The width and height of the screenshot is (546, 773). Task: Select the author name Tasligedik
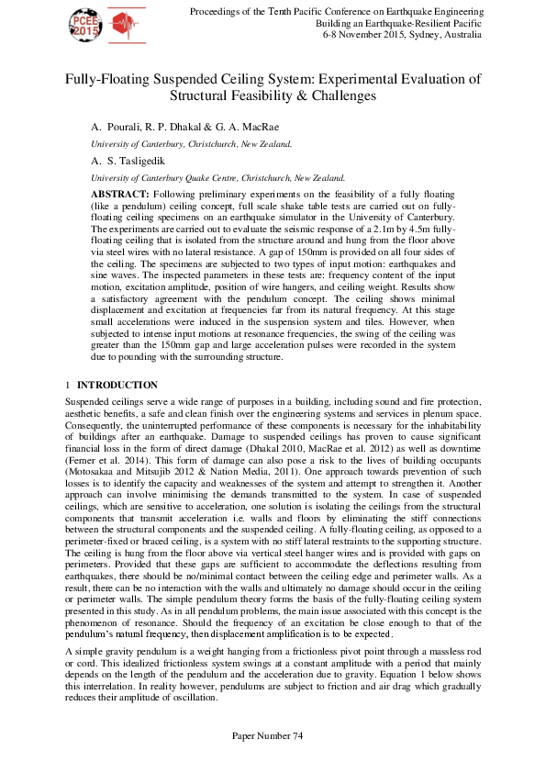[135, 162]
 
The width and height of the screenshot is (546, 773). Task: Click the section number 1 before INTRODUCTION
[67, 385]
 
